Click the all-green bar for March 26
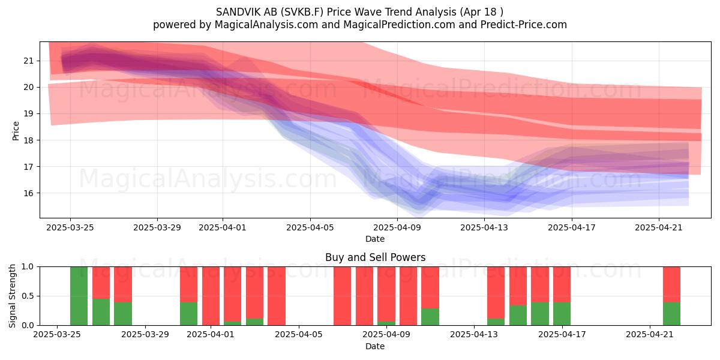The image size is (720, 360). pos(79,296)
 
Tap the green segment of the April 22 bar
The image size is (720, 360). pos(672,314)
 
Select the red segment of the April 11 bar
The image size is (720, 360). pos(430,287)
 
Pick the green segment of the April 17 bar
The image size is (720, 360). pos(562,314)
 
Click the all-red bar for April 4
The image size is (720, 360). pos(277,296)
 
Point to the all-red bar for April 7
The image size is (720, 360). pos(343,296)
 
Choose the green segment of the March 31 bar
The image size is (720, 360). pos(188,314)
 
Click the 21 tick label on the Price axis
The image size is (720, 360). pos(28,61)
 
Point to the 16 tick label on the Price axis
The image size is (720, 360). pos(28,193)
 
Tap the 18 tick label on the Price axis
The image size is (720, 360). pos(28,140)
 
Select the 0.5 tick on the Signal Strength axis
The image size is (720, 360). pos(28,296)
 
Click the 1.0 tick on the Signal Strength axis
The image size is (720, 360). pos(28,267)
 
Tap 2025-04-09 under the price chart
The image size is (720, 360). pos(397,227)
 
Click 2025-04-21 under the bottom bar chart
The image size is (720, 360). pos(650,335)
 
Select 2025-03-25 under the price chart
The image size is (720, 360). pos(70,227)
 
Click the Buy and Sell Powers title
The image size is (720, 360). pos(375,257)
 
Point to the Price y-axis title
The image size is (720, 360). pos(16,131)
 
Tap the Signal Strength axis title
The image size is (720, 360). pos(12,296)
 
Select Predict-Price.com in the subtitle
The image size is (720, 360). pos(524,25)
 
